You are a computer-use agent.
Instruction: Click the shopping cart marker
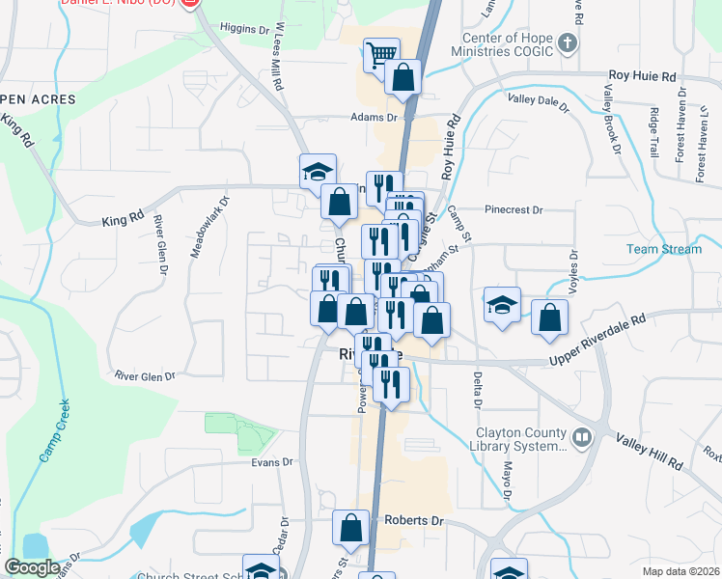[x=382, y=53]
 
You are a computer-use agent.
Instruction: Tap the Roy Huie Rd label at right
[x=642, y=75]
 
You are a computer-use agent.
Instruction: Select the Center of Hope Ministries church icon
[x=568, y=42]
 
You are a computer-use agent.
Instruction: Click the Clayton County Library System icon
[x=581, y=437]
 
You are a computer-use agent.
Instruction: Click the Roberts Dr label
[x=413, y=520]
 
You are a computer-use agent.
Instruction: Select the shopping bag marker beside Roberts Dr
[x=350, y=527]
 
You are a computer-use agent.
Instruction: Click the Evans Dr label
[x=271, y=462]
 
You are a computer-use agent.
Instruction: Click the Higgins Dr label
[x=244, y=29]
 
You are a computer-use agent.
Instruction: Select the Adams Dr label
[x=375, y=117]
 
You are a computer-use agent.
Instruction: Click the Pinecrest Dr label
[x=514, y=208]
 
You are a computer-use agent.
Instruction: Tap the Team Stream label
[x=663, y=249]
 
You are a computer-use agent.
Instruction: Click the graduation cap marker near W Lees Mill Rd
[x=318, y=171]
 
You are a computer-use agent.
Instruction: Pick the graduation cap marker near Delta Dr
[x=502, y=304]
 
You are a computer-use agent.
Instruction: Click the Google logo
[x=32, y=567]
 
